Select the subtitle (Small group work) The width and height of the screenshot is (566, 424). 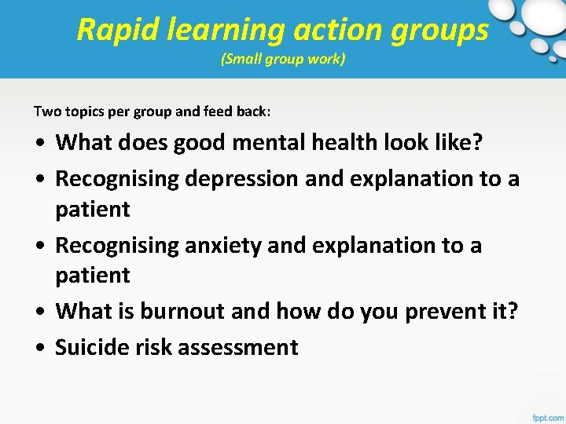point(283,59)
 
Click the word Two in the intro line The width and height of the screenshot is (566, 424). point(45,111)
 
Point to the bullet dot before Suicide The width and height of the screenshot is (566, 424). point(39,348)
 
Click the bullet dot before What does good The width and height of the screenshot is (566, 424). point(39,144)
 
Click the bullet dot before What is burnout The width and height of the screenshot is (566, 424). point(39,313)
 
